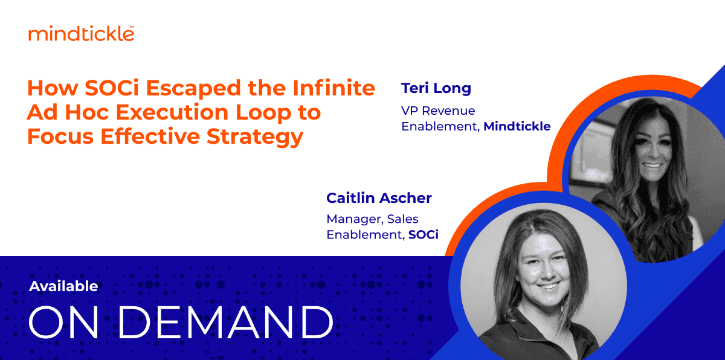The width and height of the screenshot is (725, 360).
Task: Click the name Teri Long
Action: tap(436, 88)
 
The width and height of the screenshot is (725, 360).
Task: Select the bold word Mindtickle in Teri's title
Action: tap(517, 126)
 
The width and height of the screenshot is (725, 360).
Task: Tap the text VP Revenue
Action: tap(438, 111)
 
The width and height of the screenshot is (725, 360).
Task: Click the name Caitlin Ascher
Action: tap(379, 198)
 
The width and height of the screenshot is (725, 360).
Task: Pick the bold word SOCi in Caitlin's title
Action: tap(423, 234)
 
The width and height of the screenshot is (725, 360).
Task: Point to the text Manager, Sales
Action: tap(372, 219)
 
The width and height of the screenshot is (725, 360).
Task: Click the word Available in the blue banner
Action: tap(63, 286)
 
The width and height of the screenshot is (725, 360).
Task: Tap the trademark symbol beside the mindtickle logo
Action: tap(132, 27)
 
